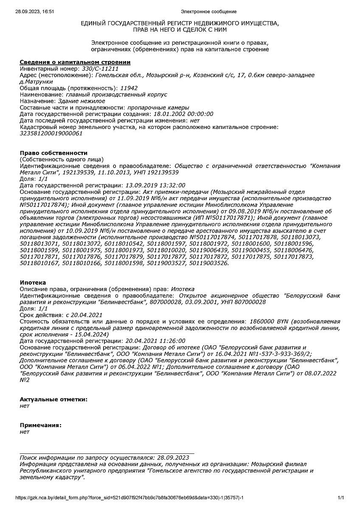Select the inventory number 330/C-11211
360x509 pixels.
pos(98,69)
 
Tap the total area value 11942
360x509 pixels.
pos(129,88)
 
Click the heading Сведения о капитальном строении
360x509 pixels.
pos(75,62)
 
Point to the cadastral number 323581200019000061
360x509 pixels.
pos(51,133)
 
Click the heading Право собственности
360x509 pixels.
pos(53,153)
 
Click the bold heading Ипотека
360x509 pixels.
pos(33,282)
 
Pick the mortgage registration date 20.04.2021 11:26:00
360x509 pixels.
pos(155,341)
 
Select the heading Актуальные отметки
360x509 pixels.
pos(54,399)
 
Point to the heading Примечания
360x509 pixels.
pos(41,425)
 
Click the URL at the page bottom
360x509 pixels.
pos(129,498)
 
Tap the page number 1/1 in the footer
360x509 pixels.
pos(340,498)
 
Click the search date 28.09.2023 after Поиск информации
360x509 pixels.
pos(173,458)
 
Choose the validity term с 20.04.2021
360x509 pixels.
pos(84,315)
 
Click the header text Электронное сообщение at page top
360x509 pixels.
pos(208,11)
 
